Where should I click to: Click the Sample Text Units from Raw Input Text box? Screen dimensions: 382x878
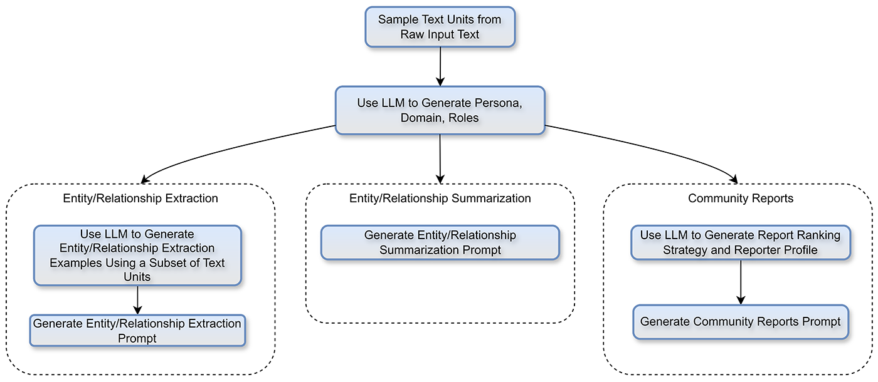pyautogui.click(x=440, y=27)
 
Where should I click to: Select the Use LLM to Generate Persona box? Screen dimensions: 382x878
pyautogui.click(x=440, y=110)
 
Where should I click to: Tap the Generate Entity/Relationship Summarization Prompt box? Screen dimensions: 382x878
pyautogui.click(x=440, y=243)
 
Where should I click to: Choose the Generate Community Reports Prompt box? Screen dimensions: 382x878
pyautogui.click(x=740, y=322)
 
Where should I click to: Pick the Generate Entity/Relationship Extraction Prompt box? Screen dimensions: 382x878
pyautogui.click(x=137, y=331)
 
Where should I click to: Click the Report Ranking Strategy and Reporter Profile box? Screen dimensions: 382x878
pyautogui.click(x=740, y=243)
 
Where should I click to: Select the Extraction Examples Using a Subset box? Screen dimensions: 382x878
pyautogui.click(x=137, y=256)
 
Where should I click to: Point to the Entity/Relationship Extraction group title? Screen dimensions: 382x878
pyautogui.click(x=140, y=199)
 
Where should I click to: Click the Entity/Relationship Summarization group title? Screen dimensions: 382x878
pyautogui.click(x=440, y=199)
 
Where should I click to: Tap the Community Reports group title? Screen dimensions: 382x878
pyautogui.click(x=740, y=199)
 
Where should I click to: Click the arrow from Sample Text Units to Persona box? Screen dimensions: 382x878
pyautogui.click(x=440, y=66)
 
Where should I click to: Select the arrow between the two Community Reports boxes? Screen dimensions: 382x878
pyautogui.click(x=741, y=282)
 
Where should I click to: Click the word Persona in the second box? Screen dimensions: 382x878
pyautogui.click(x=499, y=103)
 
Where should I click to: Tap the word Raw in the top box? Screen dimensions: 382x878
pyautogui.click(x=414, y=34)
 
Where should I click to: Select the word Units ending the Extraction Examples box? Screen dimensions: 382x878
pyautogui.click(x=137, y=276)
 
